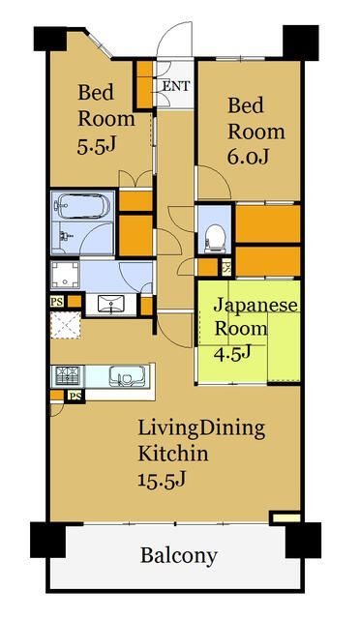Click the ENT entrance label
click(x=175, y=86)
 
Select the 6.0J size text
click(x=247, y=155)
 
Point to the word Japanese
click(x=255, y=305)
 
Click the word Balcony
click(x=178, y=556)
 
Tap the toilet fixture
click(x=216, y=233)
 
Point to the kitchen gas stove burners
click(x=68, y=375)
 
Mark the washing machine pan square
click(x=65, y=275)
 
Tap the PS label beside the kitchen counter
click(x=74, y=396)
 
